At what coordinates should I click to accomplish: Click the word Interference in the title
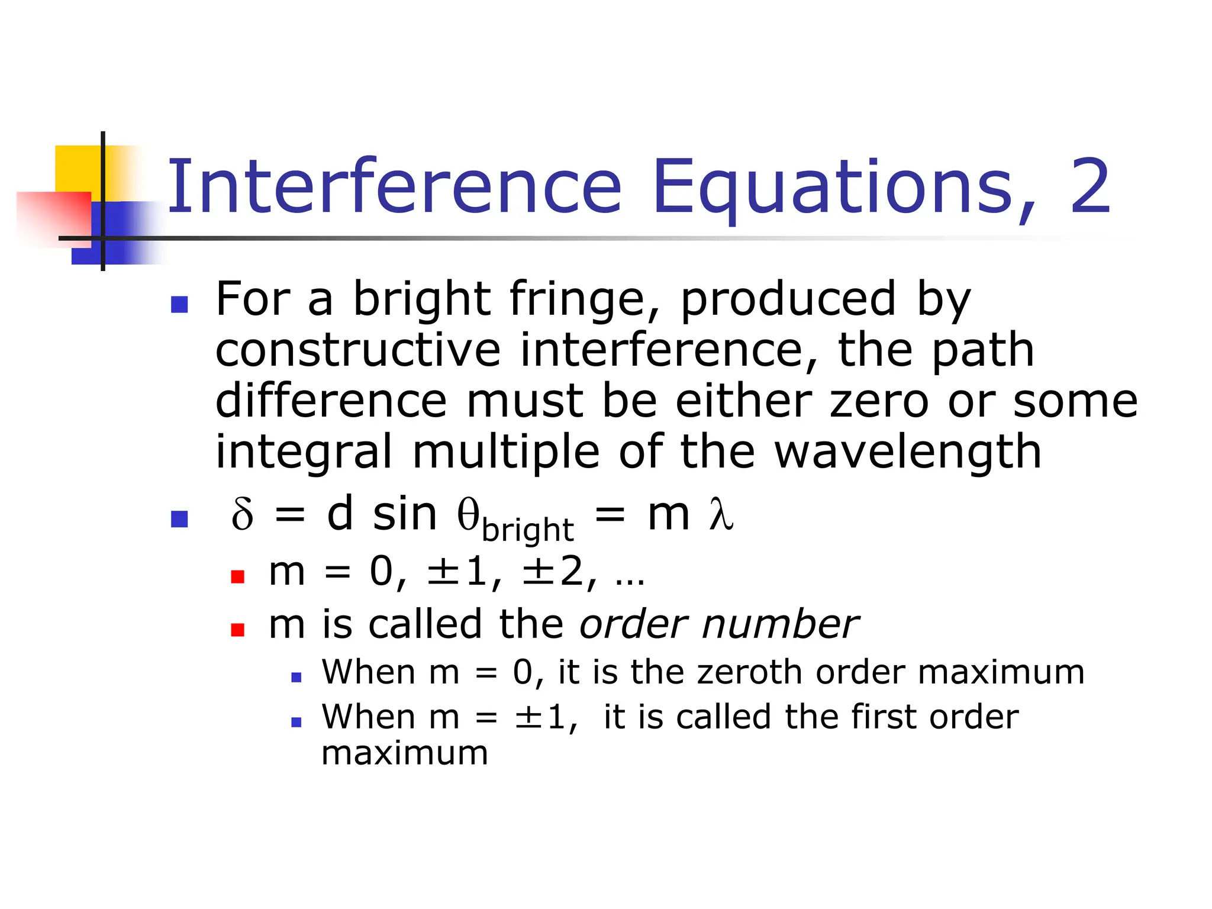(x=394, y=186)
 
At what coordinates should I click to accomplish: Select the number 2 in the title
(x=1089, y=186)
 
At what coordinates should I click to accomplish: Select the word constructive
(x=357, y=350)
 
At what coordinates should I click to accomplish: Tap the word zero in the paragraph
(x=879, y=401)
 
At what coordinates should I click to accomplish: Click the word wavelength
(x=908, y=452)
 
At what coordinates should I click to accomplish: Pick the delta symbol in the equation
(x=242, y=514)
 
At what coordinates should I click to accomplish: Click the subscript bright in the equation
(x=527, y=530)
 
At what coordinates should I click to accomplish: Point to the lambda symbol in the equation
(x=721, y=514)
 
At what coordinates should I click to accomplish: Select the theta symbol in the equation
(x=468, y=514)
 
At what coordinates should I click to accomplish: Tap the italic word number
(x=779, y=624)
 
